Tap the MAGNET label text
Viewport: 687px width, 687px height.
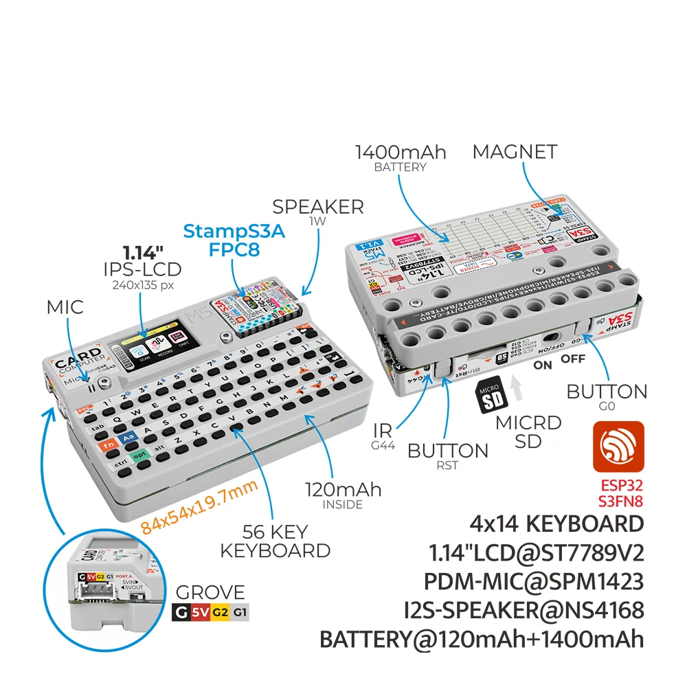point(515,152)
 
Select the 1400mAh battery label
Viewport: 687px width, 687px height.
point(401,155)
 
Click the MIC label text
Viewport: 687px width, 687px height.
point(65,307)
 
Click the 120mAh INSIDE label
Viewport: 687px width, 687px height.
point(343,495)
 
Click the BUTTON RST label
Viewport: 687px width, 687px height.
point(448,455)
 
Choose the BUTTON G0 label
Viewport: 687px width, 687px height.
point(607,396)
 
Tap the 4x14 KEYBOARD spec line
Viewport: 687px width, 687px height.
point(556,524)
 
